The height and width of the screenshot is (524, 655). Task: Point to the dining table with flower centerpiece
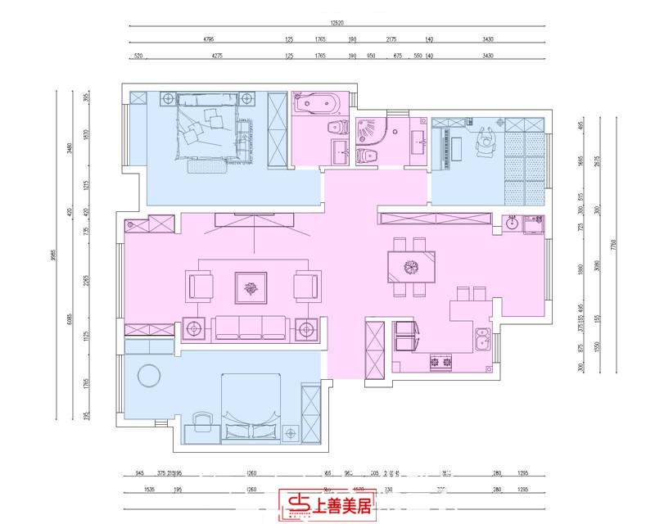point(412,266)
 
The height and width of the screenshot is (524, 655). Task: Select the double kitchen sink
point(485,338)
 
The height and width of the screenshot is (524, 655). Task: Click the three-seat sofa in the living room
point(249,327)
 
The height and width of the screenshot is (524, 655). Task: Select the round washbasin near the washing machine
point(513,221)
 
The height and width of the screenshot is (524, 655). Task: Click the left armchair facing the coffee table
point(201,287)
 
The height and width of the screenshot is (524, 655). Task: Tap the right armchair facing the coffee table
point(307,287)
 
